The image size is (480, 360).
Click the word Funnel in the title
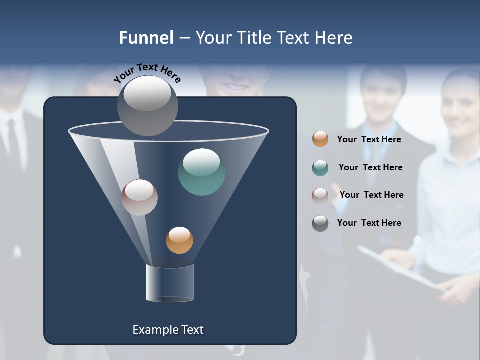[146, 38]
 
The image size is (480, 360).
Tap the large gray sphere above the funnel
[148, 106]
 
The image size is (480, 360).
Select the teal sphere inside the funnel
[201, 172]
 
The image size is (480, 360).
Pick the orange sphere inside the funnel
[179, 240]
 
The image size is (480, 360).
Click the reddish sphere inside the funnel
[139, 197]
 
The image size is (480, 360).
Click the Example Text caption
[168, 330]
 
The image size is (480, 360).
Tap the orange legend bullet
[320, 139]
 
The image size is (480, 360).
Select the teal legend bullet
[320, 168]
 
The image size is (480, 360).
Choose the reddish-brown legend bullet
[320, 195]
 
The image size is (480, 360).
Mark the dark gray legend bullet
[320, 223]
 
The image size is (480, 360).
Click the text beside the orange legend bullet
[369, 139]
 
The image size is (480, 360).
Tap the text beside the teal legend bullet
[370, 167]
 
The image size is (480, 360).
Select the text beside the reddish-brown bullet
[371, 195]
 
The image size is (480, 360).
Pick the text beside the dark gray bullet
[369, 223]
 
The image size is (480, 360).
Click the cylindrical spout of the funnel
[169, 283]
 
